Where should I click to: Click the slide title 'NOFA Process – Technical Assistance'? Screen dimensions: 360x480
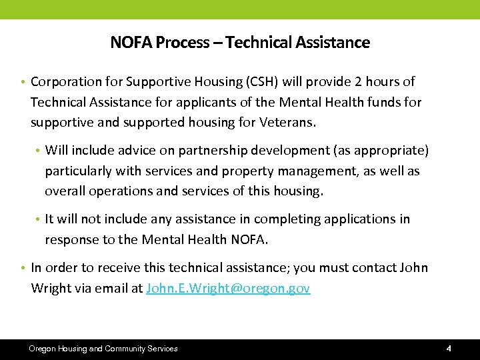point(240,43)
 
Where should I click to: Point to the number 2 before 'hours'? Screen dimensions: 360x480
point(359,82)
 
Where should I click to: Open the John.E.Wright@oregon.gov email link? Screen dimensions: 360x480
point(227,289)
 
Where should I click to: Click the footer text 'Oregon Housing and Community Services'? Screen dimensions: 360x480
point(103,349)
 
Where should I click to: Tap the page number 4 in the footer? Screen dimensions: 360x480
point(449,349)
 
